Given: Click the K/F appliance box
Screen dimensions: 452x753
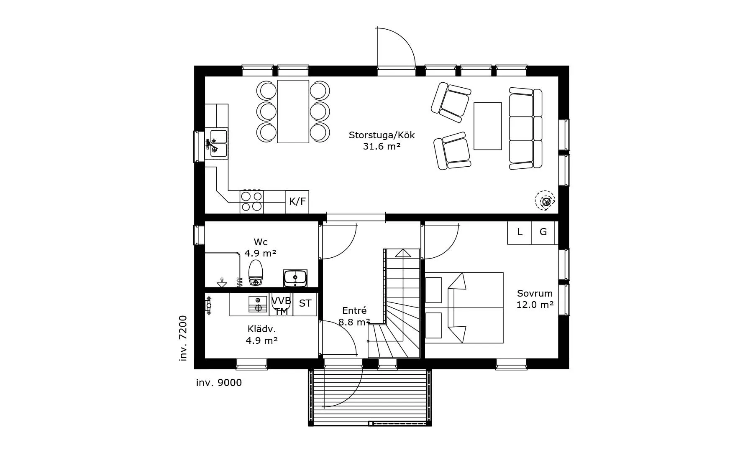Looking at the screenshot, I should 297,202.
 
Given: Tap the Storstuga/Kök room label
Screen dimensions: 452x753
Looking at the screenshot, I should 382,135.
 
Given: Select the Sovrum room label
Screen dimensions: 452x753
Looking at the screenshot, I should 535,294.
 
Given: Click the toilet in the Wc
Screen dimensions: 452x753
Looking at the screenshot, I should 256,273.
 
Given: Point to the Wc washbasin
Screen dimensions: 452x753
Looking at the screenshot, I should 295,277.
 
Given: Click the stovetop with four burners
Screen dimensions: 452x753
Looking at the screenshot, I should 251,201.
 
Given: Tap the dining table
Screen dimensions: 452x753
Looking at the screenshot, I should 293,111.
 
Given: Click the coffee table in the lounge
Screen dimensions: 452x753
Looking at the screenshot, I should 487,126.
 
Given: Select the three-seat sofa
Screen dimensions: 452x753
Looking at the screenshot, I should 525,128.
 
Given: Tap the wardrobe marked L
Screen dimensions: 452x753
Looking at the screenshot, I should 520,232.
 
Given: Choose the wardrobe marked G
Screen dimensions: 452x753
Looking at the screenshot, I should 543,232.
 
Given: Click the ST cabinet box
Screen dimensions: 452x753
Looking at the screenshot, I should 305,304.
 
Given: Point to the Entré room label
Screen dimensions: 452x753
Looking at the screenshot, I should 354,311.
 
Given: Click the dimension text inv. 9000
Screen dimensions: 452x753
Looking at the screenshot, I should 219,383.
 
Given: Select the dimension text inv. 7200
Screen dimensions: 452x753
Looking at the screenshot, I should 183,338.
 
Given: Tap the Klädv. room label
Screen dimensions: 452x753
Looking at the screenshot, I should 261,329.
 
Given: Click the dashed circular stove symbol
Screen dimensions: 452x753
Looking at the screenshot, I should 546,201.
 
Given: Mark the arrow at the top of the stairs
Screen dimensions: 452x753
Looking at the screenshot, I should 403,253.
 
